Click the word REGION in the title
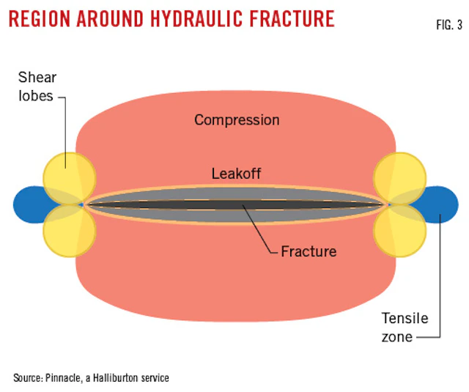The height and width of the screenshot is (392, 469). click(x=45, y=18)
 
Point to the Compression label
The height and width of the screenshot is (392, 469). click(x=237, y=119)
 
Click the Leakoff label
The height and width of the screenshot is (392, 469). click(x=237, y=174)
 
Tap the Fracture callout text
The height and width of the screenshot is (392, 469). click(x=309, y=252)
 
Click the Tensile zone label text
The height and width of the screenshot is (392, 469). click(x=405, y=328)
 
